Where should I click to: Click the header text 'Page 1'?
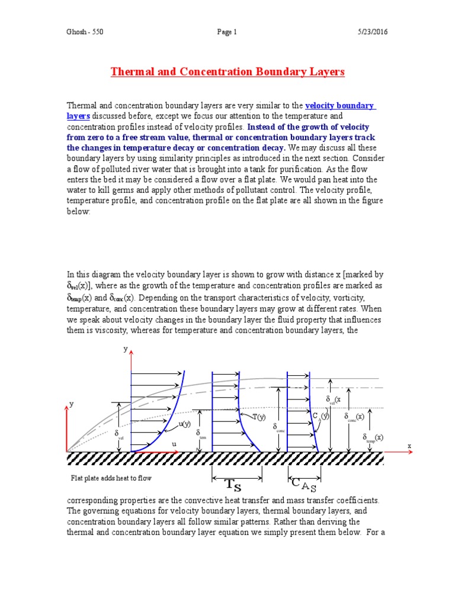coord(227,33)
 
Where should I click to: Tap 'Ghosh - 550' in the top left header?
coord(85,33)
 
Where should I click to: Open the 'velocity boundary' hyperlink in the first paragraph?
coord(339,106)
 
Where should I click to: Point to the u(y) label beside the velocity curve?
coord(185,424)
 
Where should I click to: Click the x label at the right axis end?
coord(409,444)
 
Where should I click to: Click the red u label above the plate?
coord(174,443)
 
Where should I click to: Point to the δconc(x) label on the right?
coord(354,417)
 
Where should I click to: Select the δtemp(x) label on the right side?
coord(373,438)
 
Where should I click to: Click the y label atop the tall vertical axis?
coord(125,350)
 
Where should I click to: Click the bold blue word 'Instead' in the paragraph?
coord(262,127)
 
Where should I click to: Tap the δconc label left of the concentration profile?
coord(278,427)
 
